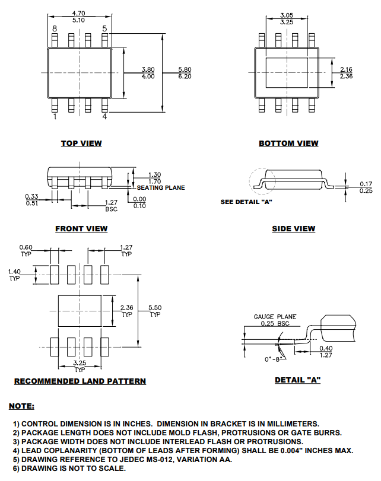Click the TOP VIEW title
(x=81, y=143)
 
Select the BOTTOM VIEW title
(x=288, y=143)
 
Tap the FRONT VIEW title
(x=81, y=228)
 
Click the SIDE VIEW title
(x=293, y=228)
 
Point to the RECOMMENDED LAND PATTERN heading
(x=80, y=381)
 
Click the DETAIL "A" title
(x=297, y=380)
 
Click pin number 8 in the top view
(x=55, y=28)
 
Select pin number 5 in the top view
(x=105, y=28)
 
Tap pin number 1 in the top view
(x=55, y=117)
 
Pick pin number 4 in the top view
(x=105, y=117)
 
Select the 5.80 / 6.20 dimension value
(x=185, y=73)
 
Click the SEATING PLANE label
(x=161, y=187)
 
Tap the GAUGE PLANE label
(x=275, y=317)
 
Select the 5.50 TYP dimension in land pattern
(x=155, y=310)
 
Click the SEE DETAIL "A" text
(x=246, y=202)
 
